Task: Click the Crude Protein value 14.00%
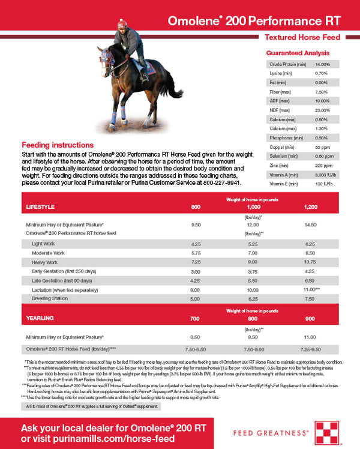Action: point(323,64)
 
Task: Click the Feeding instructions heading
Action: point(58,145)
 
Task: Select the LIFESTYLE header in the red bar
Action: point(40,206)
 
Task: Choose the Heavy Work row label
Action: point(46,262)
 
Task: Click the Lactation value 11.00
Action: point(308,289)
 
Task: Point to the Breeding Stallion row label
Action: point(50,298)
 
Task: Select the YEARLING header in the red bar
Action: point(40,318)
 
